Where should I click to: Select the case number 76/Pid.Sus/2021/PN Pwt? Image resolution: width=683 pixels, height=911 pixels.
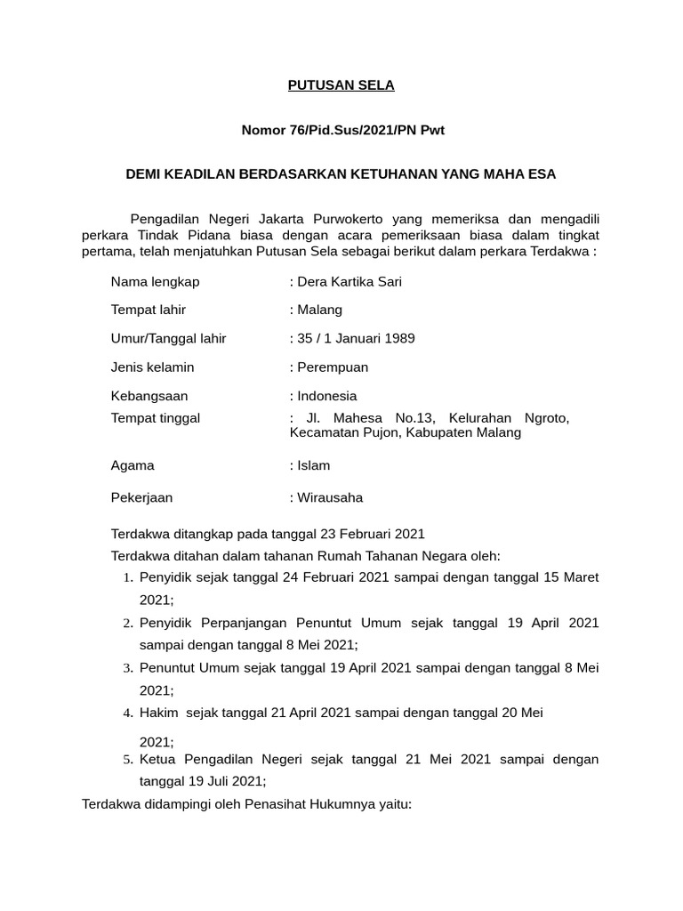click(366, 130)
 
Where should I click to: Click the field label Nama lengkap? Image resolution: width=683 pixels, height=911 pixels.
click(155, 282)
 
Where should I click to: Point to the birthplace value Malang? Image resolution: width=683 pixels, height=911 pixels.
click(319, 310)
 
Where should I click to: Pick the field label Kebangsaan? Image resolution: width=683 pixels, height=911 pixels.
click(149, 396)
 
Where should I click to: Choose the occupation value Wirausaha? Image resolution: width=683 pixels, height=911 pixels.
click(330, 498)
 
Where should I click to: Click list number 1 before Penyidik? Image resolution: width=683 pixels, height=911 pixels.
click(128, 578)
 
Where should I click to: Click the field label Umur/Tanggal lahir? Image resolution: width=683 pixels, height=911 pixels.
click(168, 339)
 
